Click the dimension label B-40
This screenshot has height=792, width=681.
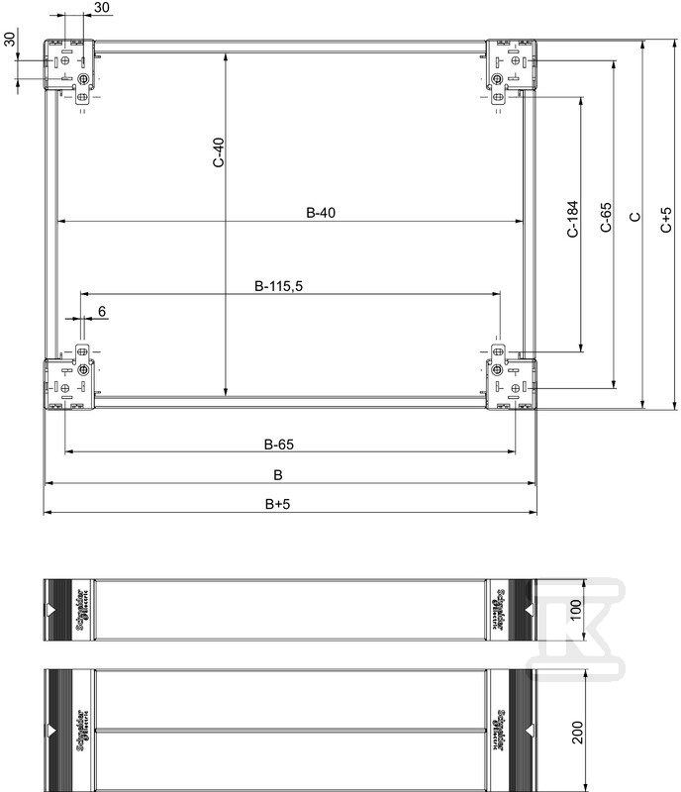321,213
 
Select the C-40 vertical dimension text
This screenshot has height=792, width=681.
218,152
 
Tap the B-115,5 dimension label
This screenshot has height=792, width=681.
278,286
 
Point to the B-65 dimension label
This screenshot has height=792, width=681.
279,445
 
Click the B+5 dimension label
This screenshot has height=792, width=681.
278,504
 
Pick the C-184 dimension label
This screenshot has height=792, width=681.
572,219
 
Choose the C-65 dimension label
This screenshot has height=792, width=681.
606,217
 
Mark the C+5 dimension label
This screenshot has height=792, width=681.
666,220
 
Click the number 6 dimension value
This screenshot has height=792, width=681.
102,311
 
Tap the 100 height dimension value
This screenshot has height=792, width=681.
576,610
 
